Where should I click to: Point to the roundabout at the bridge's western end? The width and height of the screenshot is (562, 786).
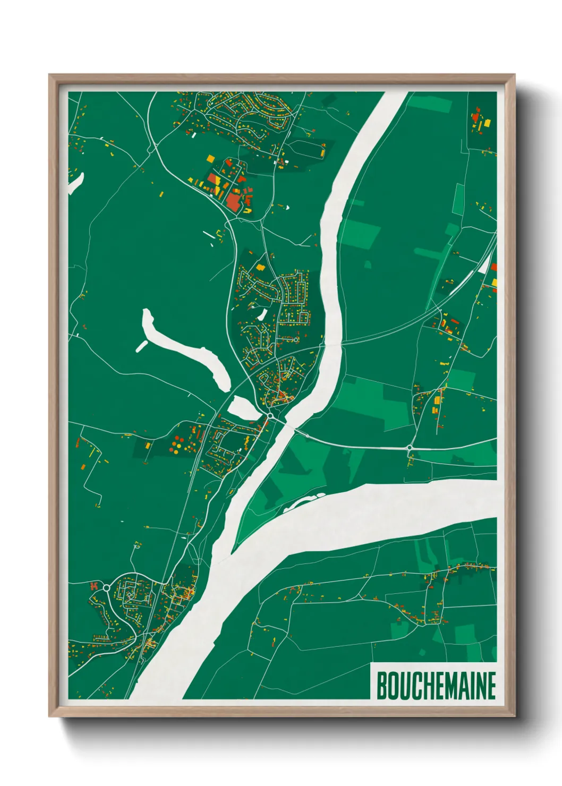[270, 416]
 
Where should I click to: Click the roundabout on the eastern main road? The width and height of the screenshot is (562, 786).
[410, 448]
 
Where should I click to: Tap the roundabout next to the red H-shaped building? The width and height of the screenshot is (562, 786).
[106, 587]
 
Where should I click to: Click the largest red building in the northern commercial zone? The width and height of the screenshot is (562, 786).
[233, 201]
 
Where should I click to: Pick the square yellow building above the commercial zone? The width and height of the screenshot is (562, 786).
[210, 158]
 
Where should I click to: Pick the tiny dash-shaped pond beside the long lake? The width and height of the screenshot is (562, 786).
[142, 346]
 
